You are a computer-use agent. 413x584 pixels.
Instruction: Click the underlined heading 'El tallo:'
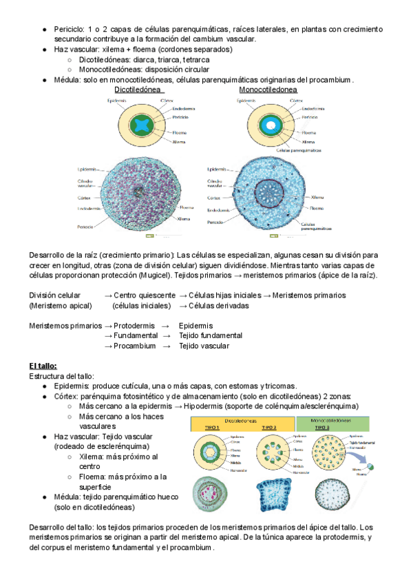[x=43, y=366]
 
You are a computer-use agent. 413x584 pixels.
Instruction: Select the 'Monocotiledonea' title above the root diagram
[x=268, y=90]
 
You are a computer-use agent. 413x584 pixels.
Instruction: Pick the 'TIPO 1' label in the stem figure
[x=213, y=428]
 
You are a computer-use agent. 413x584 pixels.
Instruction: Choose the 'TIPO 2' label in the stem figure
[x=270, y=428]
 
